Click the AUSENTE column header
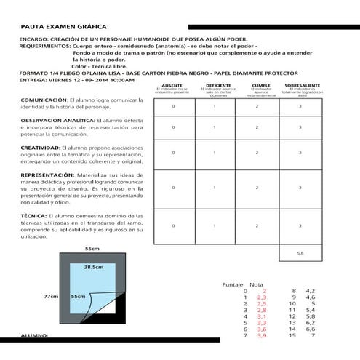pyautogui.click(x=173, y=86)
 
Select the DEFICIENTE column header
pyautogui.click(x=214, y=86)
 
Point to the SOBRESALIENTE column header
pyautogui.click(x=301, y=86)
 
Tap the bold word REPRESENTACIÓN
pyautogui.click(x=45, y=176)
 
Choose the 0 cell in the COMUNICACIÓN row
pyautogui.click(x=173, y=106)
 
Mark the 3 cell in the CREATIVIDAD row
pyautogui.click(x=300, y=153)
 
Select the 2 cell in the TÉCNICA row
pyautogui.click(x=257, y=225)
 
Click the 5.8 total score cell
pyautogui.click(x=300, y=252)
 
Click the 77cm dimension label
pyautogui.click(x=50, y=297)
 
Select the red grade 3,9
pyautogui.click(x=263, y=336)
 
